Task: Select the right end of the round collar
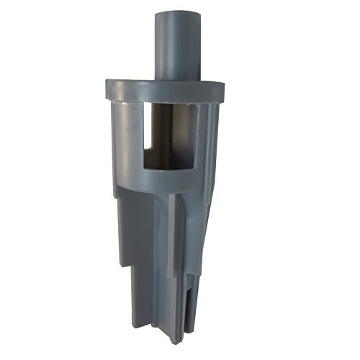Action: [x=222, y=91]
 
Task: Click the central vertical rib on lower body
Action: [x=172, y=259]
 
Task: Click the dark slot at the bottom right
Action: [x=189, y=317]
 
